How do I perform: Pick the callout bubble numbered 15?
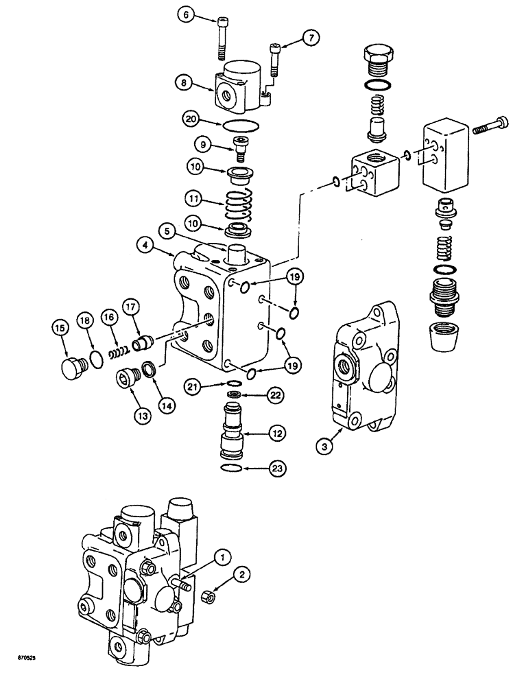tap(60, 329)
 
